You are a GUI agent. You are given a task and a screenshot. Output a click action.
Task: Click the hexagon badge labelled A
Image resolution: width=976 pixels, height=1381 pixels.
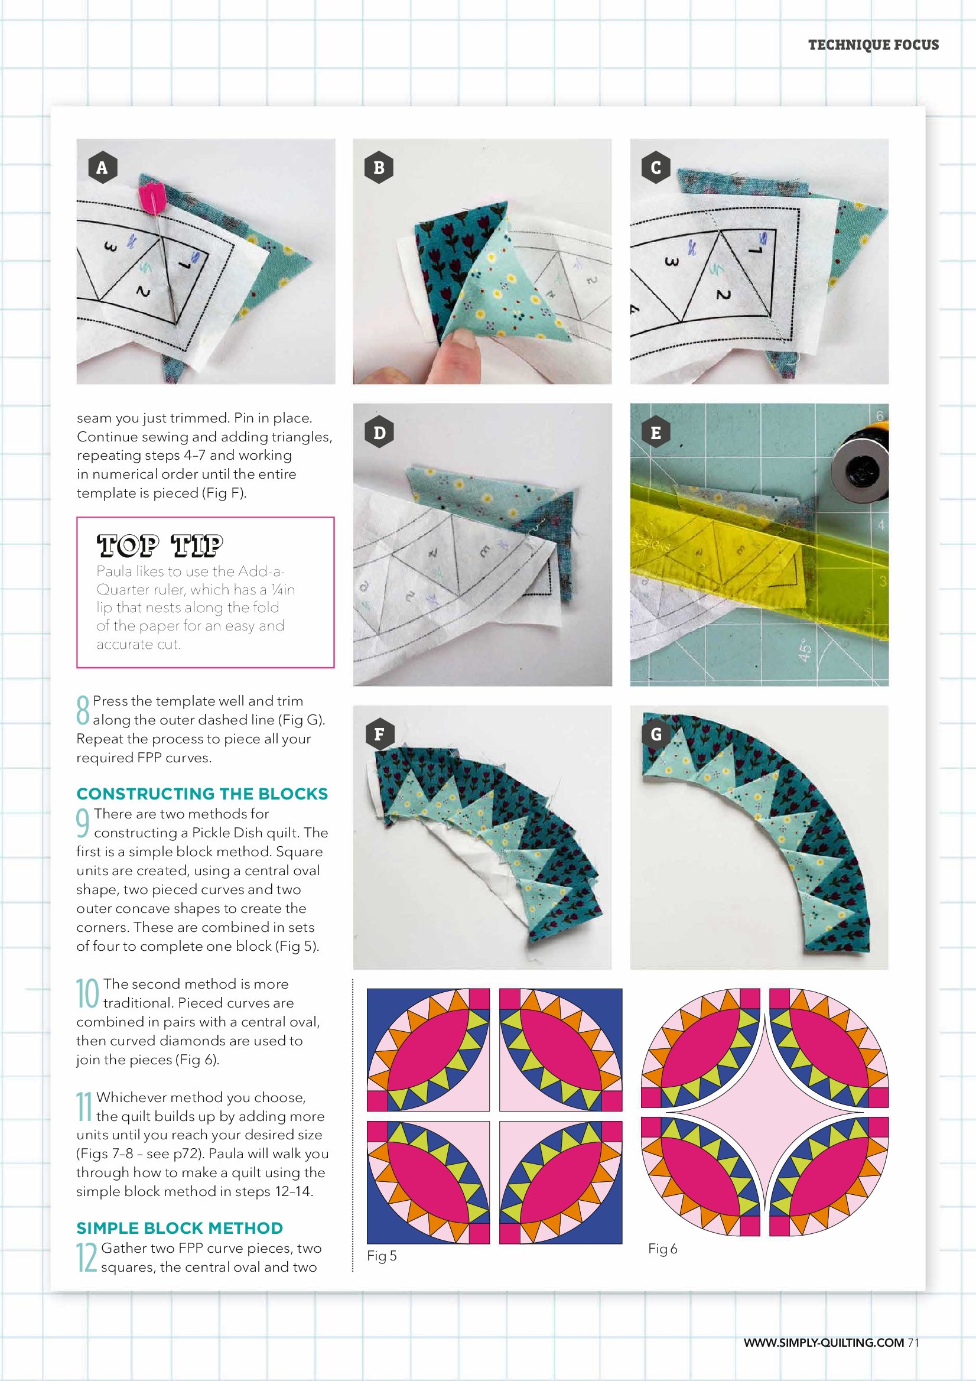[x=102, y=167]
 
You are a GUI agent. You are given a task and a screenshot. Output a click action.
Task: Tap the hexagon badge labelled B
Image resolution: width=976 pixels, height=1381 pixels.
[x=379, y=167]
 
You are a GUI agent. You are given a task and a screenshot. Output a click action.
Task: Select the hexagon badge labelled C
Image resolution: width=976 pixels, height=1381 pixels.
[x=656, y=167]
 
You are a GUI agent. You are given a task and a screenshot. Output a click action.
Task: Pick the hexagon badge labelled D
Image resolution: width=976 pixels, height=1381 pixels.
[x=379, y=433]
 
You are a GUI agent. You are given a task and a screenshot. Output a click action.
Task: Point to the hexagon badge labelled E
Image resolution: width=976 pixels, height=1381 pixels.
[x=656, y=433]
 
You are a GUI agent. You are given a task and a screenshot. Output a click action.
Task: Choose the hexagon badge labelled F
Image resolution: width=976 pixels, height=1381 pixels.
[x=379, y=734]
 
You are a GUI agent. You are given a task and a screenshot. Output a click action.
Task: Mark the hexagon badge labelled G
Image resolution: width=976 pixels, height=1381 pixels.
[x=656, y=734]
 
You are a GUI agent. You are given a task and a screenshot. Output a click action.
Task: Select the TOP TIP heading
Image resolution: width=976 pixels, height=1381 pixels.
[x=160, y=545]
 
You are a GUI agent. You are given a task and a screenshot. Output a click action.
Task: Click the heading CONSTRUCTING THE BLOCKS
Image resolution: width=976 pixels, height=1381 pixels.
[x=202, y=794]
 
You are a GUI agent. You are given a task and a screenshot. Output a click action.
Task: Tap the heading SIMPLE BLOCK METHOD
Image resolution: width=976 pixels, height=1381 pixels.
[x=180, y=1227]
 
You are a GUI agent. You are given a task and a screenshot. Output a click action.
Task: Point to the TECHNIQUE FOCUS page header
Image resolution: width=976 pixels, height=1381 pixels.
[x=873, y=44]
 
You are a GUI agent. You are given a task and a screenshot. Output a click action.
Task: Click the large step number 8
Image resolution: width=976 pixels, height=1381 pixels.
[x=83, y=710]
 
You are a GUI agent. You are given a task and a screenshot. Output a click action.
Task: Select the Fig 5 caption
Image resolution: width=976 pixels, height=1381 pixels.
[x=382, y=1255]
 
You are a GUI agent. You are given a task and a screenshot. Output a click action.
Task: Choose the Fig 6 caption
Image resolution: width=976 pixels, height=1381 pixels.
[x=663, y=1249]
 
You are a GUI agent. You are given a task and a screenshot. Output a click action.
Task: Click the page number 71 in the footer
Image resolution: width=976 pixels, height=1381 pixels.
[x=913, y=1343]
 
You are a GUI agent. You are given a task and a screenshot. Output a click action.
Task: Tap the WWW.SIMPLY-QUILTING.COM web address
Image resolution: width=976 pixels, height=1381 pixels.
[x=824, y=1343]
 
